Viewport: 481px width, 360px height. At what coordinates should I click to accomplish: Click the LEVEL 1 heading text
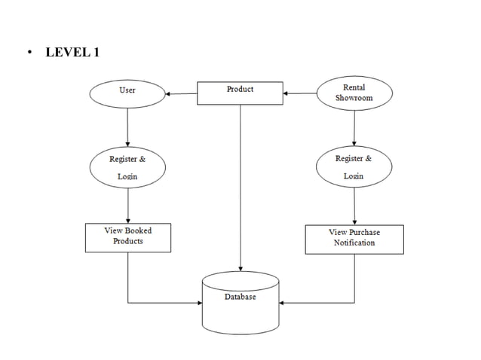72,52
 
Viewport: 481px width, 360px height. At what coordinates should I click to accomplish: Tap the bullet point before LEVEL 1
29,53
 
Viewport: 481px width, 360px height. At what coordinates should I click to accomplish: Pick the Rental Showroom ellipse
354,93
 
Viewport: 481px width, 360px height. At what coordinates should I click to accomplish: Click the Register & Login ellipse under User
127,167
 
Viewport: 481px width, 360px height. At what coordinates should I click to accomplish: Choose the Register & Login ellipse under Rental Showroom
354,167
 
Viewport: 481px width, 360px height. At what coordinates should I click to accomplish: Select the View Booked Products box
127,237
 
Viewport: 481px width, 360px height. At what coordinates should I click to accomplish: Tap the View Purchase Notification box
354,239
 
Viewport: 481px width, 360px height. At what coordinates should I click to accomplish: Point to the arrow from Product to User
182,93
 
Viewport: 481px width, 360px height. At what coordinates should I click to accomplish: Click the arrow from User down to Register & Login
127,127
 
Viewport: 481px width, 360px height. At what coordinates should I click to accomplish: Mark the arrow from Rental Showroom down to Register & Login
354,127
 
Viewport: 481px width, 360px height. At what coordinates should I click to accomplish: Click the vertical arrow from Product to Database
240,188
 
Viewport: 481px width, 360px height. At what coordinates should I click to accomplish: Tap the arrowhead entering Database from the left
199,303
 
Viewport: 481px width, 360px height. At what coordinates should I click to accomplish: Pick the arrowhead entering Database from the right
283,303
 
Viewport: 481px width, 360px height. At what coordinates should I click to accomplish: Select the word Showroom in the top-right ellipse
354,99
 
